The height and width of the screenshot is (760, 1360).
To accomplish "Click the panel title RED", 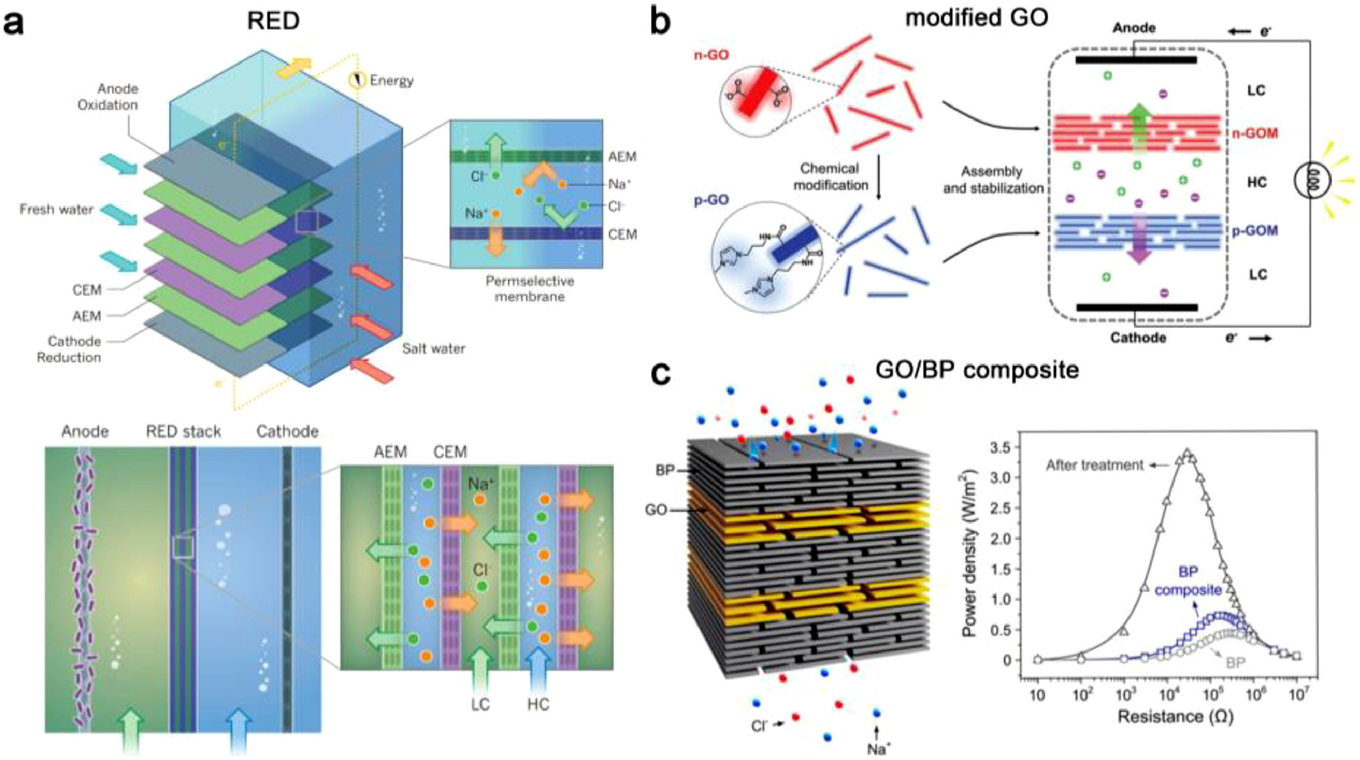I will pos(273,21).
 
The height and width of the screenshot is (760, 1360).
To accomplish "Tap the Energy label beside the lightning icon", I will pos(391,80).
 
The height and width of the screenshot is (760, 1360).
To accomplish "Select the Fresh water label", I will pos(56,209).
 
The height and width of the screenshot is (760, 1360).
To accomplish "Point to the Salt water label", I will pos(433,348).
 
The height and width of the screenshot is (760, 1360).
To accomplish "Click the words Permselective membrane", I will pos(529,289).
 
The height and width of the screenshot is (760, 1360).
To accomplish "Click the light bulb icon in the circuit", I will pos(1312,182).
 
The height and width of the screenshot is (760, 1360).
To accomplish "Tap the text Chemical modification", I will pos(830,177).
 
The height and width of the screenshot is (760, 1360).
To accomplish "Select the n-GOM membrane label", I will pos(1255,133).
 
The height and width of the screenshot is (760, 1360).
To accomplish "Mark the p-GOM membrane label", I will pos(1255,231).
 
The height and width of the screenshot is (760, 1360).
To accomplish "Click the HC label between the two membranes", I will pos(1256,182).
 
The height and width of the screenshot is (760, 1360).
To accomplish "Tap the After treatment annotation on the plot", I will pos(1094,465).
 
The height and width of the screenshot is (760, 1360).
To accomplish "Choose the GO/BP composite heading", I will pos(977,369).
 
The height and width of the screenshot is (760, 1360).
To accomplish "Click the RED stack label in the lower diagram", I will pos(183,431).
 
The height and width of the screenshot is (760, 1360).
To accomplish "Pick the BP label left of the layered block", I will pos(665,470).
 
